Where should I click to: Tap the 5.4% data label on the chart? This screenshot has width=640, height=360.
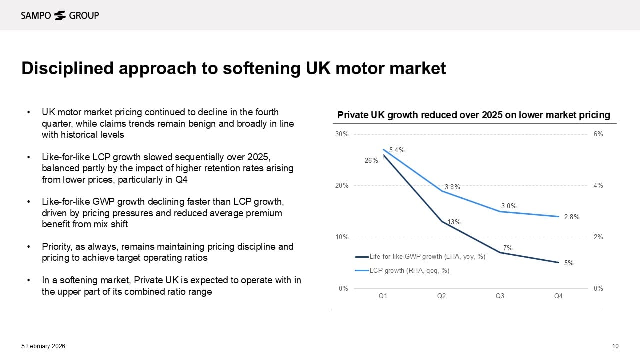click(397, 150)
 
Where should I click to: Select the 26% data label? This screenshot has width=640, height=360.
click(371, 160)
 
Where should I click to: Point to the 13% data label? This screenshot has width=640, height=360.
click(454, 222)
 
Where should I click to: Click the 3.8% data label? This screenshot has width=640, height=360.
click(452, 187)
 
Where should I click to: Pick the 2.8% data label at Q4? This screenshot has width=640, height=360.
click(571, 217)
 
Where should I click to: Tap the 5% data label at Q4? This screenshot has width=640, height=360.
click(569, 263)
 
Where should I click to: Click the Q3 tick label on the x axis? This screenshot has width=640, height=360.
click(500, 296)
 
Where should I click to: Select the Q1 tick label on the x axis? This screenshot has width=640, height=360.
click(383, 296)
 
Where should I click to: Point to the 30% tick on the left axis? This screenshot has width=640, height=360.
click(342, 134)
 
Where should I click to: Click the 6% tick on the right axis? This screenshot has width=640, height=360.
click(598, 134)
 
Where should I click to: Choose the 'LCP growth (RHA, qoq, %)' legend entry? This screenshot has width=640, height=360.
click(409, 270)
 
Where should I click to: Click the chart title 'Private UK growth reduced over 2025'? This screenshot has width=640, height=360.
click(473, 115)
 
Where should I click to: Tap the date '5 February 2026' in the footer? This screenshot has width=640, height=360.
click(43, 346)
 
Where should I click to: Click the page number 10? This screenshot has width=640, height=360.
click(615, 346)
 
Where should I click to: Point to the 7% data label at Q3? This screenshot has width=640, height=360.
click(508, 248)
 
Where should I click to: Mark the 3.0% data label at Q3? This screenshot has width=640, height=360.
click(509, 206)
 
